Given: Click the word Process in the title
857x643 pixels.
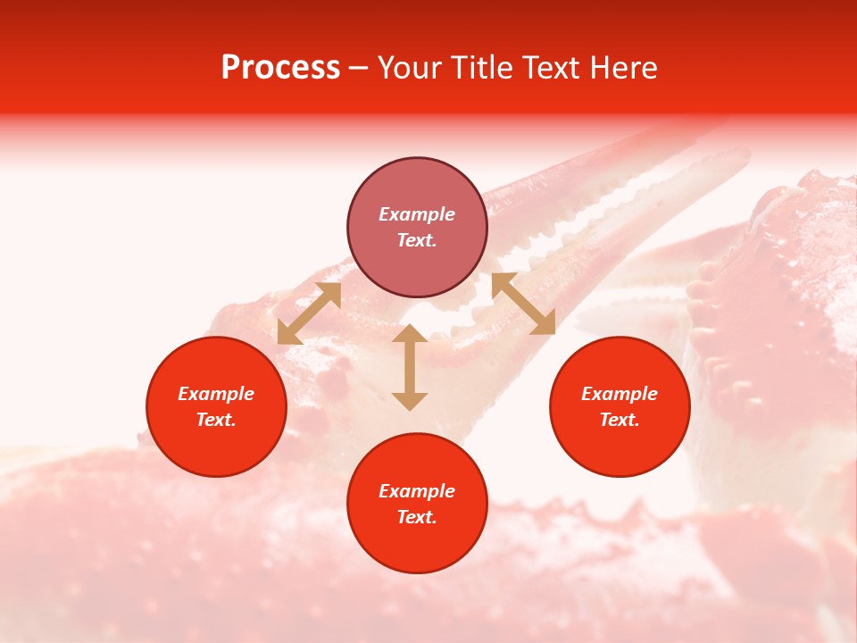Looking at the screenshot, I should (x=280, y=68).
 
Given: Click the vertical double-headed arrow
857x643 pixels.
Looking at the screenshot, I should (x=410, y=367).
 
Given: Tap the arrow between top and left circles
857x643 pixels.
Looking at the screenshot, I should (x=309, y=313).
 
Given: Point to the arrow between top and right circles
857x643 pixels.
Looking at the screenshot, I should (x=523, y=304).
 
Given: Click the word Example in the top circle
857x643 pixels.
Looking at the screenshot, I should (x=417, y=214).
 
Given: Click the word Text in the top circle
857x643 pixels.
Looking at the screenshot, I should (x=417, y=240).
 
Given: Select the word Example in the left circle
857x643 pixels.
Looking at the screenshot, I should (x=216, y=394).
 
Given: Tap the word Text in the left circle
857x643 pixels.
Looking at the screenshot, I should (x=216, y=420).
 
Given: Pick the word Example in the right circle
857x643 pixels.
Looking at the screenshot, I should (x=620, y=394).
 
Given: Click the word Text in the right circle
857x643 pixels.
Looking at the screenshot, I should (x=620, y=420).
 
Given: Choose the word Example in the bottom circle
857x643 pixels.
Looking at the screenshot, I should (x=417, y=491).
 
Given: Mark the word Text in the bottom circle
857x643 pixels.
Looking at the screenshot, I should (x=417, y=517).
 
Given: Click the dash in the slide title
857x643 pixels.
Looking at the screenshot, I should (x=359, y=69).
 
